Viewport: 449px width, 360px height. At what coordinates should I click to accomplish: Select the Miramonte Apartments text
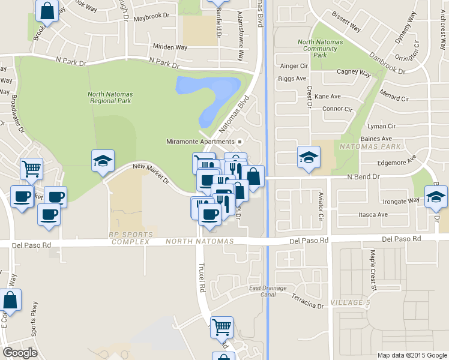coord(201,142)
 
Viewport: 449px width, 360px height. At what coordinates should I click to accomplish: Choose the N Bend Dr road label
coord(364,177)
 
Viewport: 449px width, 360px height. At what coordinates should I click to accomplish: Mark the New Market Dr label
coord(151,174)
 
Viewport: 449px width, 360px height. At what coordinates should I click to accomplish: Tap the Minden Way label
coord(170,47)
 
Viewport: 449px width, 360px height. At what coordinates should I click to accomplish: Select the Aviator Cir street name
coord(321,205)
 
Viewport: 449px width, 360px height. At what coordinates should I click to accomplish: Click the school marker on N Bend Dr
coord(309,158)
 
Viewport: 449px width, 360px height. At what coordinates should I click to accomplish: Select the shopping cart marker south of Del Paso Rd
coord(221,327)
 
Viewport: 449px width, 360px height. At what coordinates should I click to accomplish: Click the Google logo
coord(20,353)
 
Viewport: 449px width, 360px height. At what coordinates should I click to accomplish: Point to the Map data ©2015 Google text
coord(412,355)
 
